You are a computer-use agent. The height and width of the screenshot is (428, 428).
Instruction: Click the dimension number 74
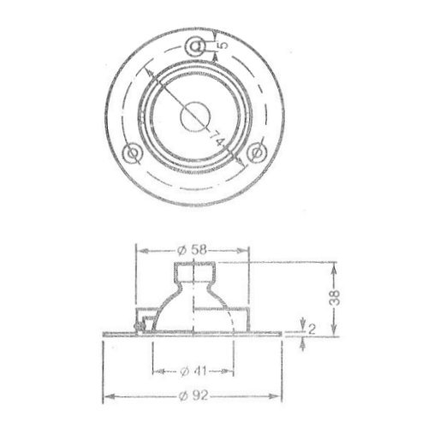(x=217, y=138)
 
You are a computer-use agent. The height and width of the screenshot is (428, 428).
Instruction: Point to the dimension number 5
(x=221, y=42)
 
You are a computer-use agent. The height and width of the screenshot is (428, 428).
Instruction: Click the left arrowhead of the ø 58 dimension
(x=141, y=250)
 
